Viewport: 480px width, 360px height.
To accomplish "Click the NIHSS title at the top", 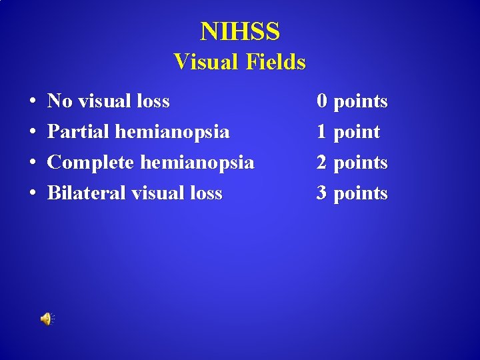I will pos(240,31).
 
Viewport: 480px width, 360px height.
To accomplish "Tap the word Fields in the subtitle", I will pos(275,62).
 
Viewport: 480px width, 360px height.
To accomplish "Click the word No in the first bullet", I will pos(60,101).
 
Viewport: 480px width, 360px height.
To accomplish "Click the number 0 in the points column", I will pos(322,101).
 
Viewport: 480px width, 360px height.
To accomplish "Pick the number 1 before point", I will pos(322,132).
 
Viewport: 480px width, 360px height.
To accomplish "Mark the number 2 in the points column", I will pos(322,163).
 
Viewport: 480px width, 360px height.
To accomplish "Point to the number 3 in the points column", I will pos(322,193).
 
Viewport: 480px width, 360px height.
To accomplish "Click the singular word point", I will pos(357,132).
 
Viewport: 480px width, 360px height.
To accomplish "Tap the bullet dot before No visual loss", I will pos(33,102).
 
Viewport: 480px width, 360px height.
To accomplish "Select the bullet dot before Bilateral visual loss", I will pos(33,194).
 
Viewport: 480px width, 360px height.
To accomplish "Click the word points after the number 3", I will pos(361,193).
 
